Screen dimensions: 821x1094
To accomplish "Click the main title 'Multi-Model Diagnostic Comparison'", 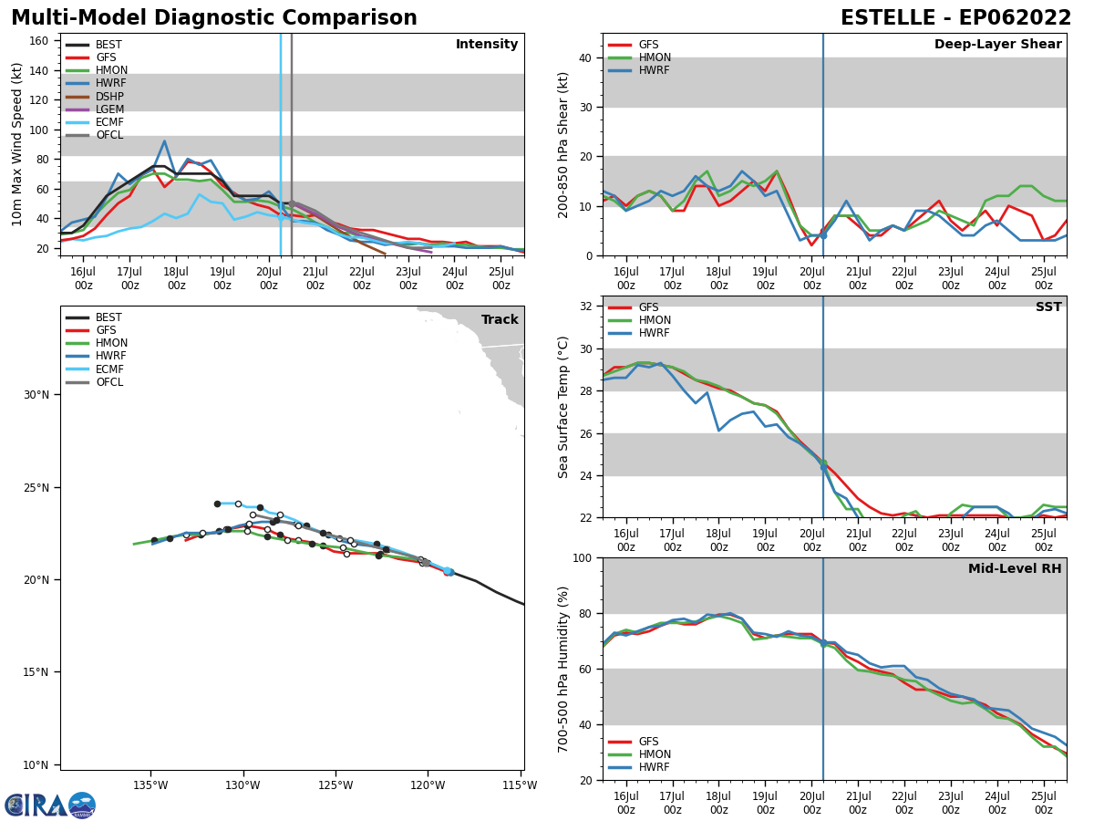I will (214, 18).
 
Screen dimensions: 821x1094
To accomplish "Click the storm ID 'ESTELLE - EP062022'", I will (955, 18).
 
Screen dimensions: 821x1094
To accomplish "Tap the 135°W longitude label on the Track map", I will (150, 785).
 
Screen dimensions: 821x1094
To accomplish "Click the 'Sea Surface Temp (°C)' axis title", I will (563, 407).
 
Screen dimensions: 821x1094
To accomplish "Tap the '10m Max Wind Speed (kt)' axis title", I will (17, 144).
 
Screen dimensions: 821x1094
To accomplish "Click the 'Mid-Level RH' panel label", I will (1015, 569).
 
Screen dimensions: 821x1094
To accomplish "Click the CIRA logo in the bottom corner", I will (50, 805).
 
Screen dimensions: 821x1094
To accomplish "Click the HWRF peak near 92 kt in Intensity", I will (164, 141).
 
